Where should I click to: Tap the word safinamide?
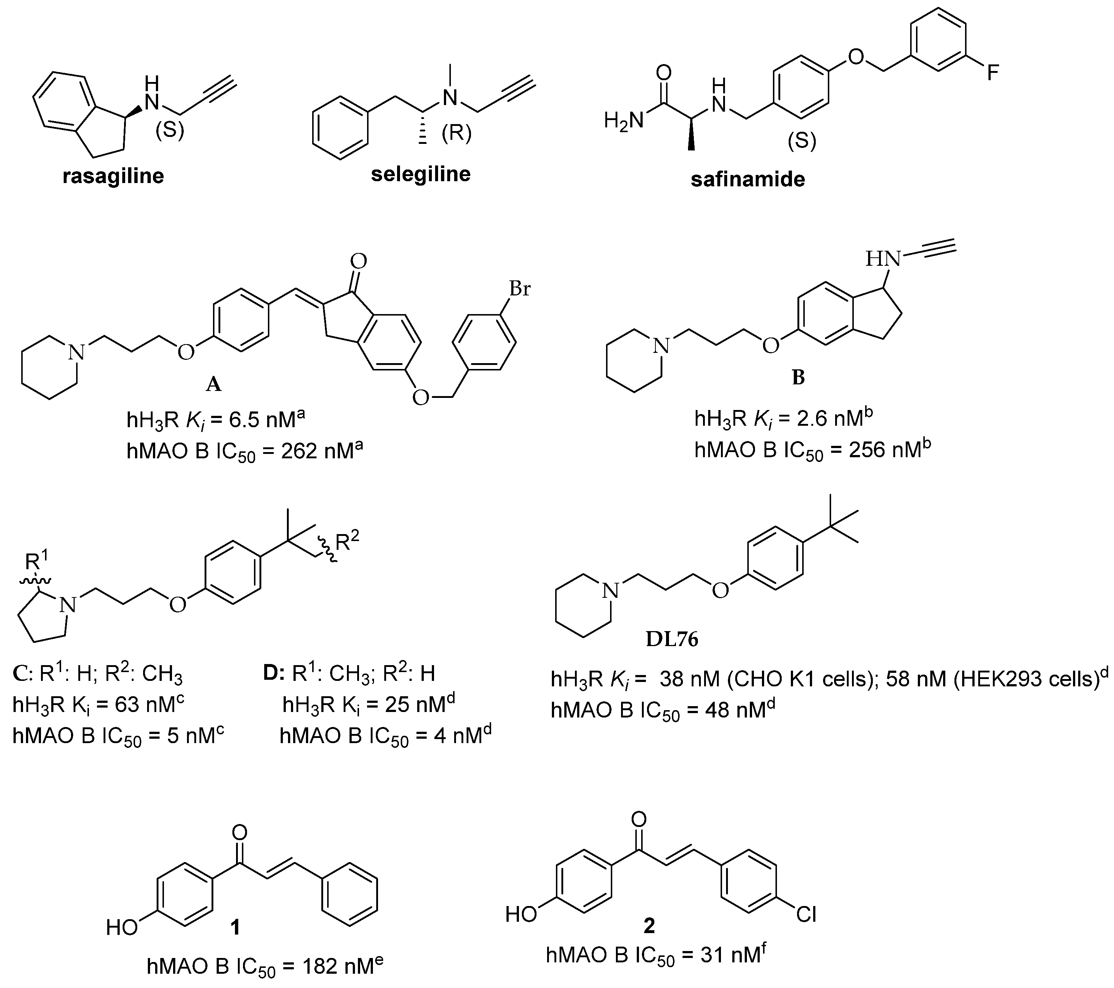(x=748, y=179)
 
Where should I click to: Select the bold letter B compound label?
(x=798, y=377)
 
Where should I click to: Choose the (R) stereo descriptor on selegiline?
(x=456, y=133)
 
